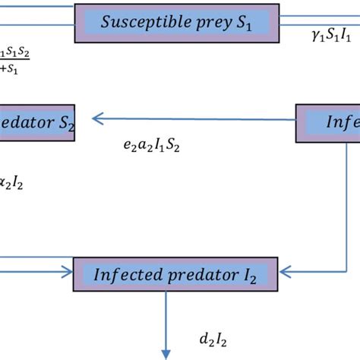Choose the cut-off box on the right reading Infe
pyautogui.click(x=327, y=122)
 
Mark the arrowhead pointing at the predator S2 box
pyautogui.click(x=97, y=118)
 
